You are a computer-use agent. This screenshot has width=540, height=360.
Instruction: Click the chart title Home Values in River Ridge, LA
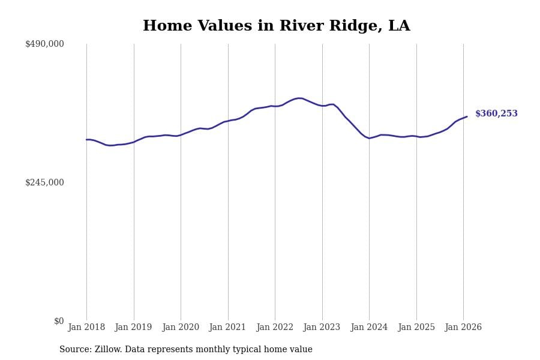click(x=276, y=26)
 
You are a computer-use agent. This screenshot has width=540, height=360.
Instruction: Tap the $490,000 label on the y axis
click(x=44, y=44)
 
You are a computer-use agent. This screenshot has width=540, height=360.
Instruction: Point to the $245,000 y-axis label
click(x=44, y=182)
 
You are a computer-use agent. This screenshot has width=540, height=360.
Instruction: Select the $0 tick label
click(x=59, y=321)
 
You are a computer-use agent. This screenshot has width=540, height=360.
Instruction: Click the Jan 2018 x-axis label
click(x=86, y=328)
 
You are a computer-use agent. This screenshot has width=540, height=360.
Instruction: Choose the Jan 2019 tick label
click(x=133, y=328)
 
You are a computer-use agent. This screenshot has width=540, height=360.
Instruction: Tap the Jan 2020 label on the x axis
click(x=181, y=328)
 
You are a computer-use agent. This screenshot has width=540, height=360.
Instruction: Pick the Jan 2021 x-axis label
click(x=227, y=328)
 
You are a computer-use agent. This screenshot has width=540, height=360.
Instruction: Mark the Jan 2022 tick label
click(x=275, y=328)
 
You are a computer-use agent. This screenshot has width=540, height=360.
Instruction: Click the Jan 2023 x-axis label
click(x=322, y=328)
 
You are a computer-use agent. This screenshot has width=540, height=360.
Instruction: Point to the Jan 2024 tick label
click(x=369, y=328)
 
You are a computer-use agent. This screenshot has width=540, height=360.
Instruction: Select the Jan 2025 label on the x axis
click(x=416, y=328)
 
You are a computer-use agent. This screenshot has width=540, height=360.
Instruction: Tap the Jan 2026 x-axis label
click(x=463, y=328)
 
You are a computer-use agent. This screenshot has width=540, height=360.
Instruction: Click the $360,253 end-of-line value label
click(x=496, y=114)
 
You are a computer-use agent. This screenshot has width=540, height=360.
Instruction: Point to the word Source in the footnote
click(x=74, y=350)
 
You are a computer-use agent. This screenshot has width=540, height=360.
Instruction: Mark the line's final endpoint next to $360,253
click(x=467, y=116)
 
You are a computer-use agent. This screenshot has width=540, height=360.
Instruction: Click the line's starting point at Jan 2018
click(x=86, y=140)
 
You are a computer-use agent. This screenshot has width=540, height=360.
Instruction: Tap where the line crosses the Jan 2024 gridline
click(x=369, y=138)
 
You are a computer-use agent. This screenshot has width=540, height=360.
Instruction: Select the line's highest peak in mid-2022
click(x=299, y=98)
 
